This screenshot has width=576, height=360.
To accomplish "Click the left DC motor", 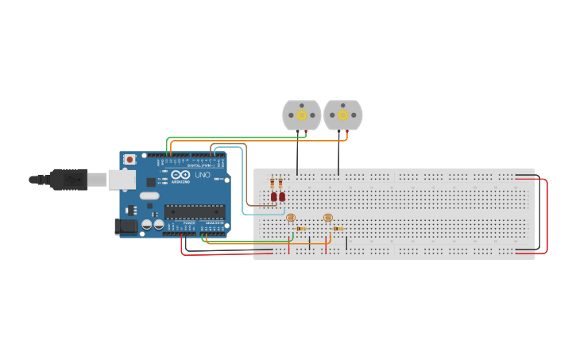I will pos(302,115).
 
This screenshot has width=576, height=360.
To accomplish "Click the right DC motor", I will pos(343,115).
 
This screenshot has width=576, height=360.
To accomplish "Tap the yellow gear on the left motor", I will pos(302,115).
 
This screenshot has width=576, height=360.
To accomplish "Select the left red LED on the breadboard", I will pos(273,196).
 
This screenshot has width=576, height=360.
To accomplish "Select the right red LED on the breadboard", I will pos(281,196).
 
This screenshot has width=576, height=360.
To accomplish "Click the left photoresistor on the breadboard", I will pos(291,217).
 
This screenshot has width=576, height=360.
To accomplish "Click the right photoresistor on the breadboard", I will pos(328,217).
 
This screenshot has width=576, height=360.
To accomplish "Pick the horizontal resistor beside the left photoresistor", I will pos(301,229).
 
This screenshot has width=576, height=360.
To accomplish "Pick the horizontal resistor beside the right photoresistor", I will pos(338,229).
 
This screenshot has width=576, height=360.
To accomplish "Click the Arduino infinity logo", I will pos(181,175).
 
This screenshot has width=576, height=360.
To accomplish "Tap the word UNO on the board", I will pos(203,174).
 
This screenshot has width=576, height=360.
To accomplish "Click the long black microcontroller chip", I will pos(195,211).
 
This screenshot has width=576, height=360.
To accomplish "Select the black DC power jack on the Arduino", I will pos(126,226).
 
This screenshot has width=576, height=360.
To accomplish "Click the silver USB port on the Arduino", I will pos(122,180).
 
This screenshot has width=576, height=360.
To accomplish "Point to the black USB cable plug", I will pos(68,180).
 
